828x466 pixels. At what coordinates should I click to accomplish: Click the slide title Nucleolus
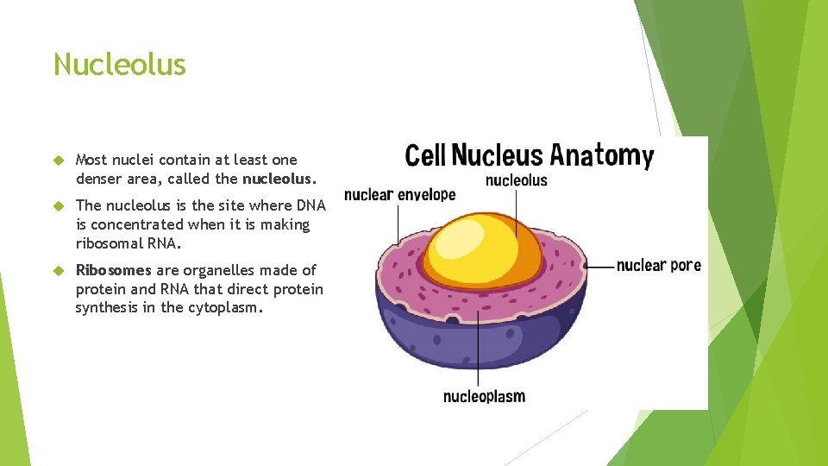119,65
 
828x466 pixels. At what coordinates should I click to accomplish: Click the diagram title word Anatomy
602,156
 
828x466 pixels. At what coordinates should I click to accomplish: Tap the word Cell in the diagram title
424,155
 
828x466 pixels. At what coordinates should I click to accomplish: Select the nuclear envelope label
399,195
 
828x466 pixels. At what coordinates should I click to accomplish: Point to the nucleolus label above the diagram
516,180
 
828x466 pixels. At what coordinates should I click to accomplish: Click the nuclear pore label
659,265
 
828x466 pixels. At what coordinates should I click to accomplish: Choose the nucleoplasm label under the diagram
484,396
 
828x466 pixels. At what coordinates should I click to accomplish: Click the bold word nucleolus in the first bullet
278,179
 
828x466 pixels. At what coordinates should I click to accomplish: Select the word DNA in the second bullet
310,205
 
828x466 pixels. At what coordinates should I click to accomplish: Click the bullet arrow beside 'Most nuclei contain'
59,161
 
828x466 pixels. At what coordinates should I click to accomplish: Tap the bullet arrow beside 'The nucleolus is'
59,206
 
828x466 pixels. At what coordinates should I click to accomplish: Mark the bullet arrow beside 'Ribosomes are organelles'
59,271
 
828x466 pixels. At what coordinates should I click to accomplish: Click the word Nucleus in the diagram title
497,155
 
